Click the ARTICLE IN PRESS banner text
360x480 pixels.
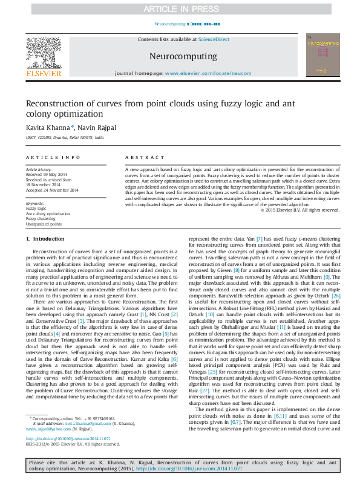tap(180, 9)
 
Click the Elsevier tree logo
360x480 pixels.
tap(43, 54)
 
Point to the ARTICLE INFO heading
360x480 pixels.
tap(53, 157)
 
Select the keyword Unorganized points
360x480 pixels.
tap(44, 224)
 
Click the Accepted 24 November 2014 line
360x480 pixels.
tap(52, 190)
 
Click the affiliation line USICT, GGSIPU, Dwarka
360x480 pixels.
tap(64, 138)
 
